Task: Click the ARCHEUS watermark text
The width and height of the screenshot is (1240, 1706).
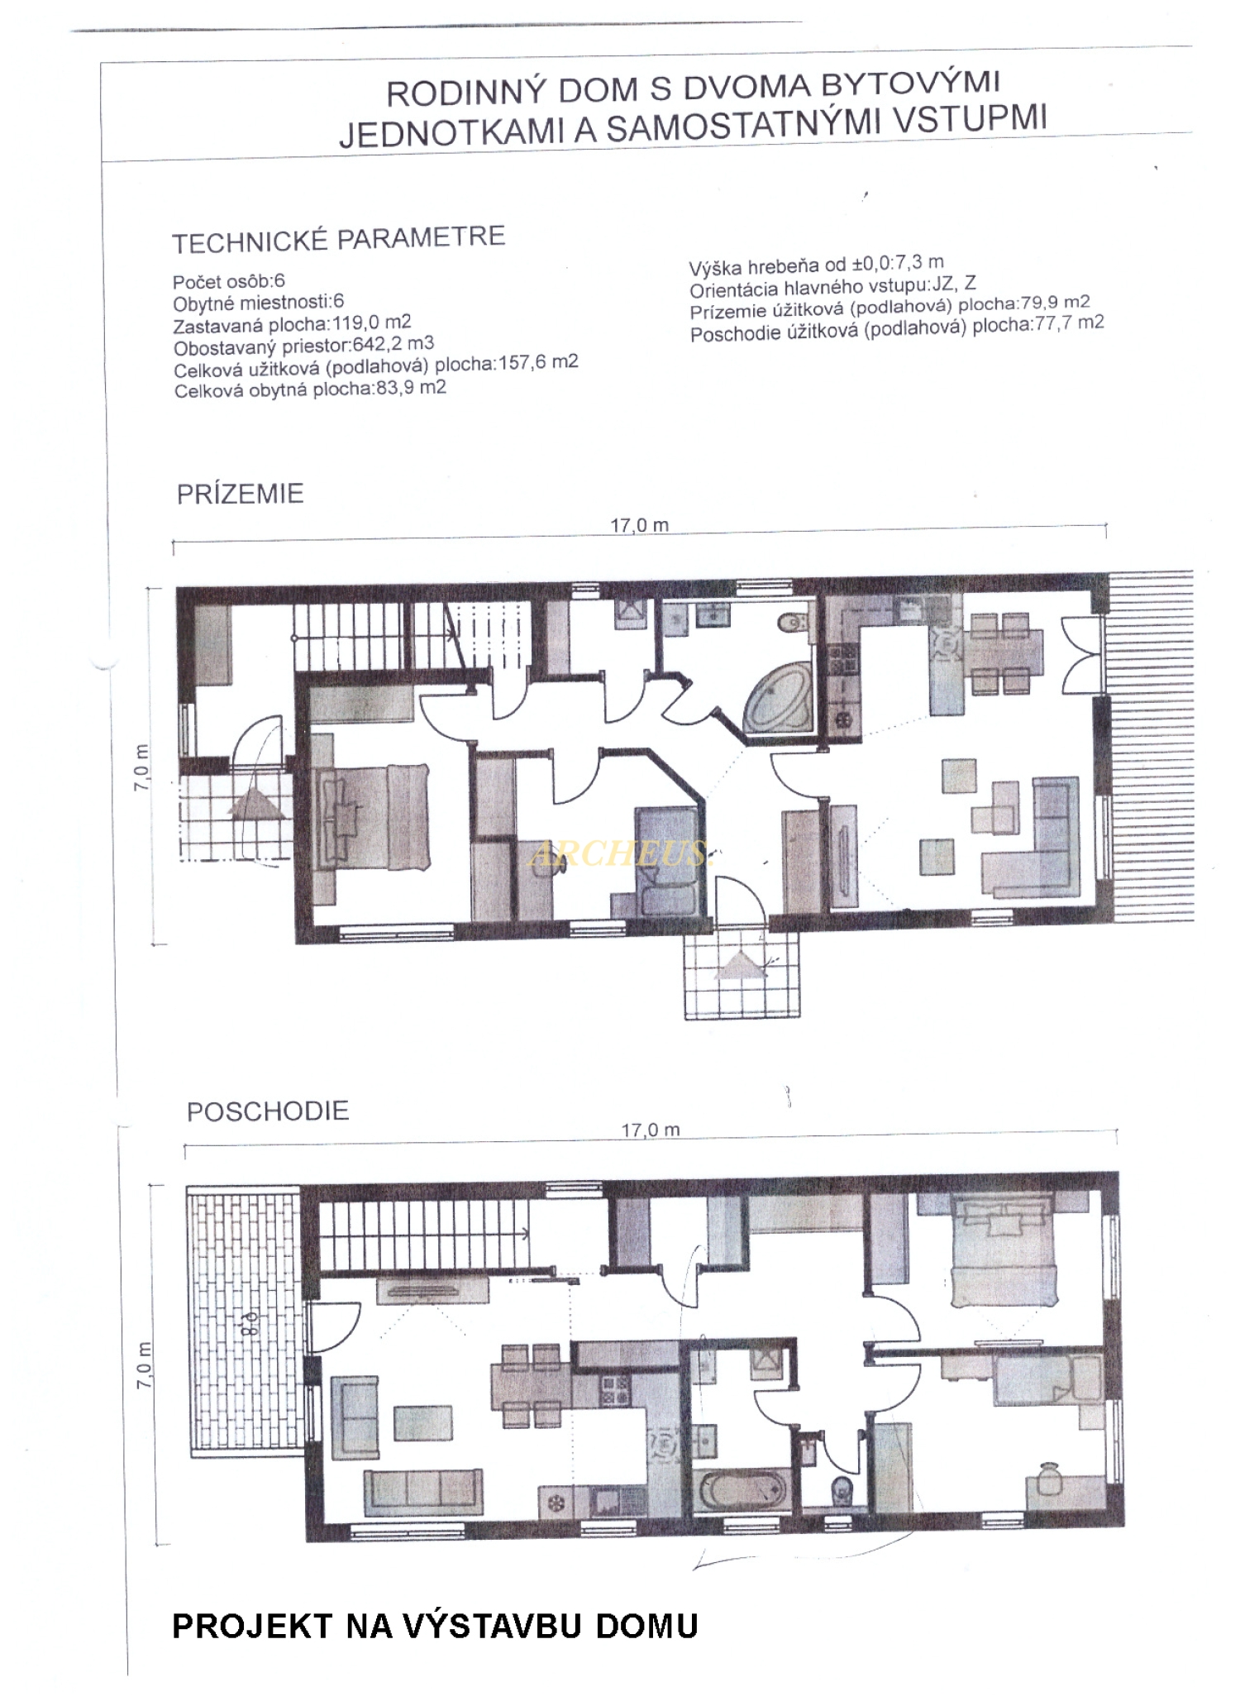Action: click(620, 853)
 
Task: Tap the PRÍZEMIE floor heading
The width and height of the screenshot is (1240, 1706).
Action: click(240, 494)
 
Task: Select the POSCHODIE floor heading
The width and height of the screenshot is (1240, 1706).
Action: click(268, 1111)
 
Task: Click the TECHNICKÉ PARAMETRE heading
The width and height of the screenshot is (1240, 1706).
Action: click(338, 240)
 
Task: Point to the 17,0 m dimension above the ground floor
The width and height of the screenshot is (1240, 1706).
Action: click(640, 525)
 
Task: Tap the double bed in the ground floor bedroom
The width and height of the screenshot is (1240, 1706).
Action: click(371, 817)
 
